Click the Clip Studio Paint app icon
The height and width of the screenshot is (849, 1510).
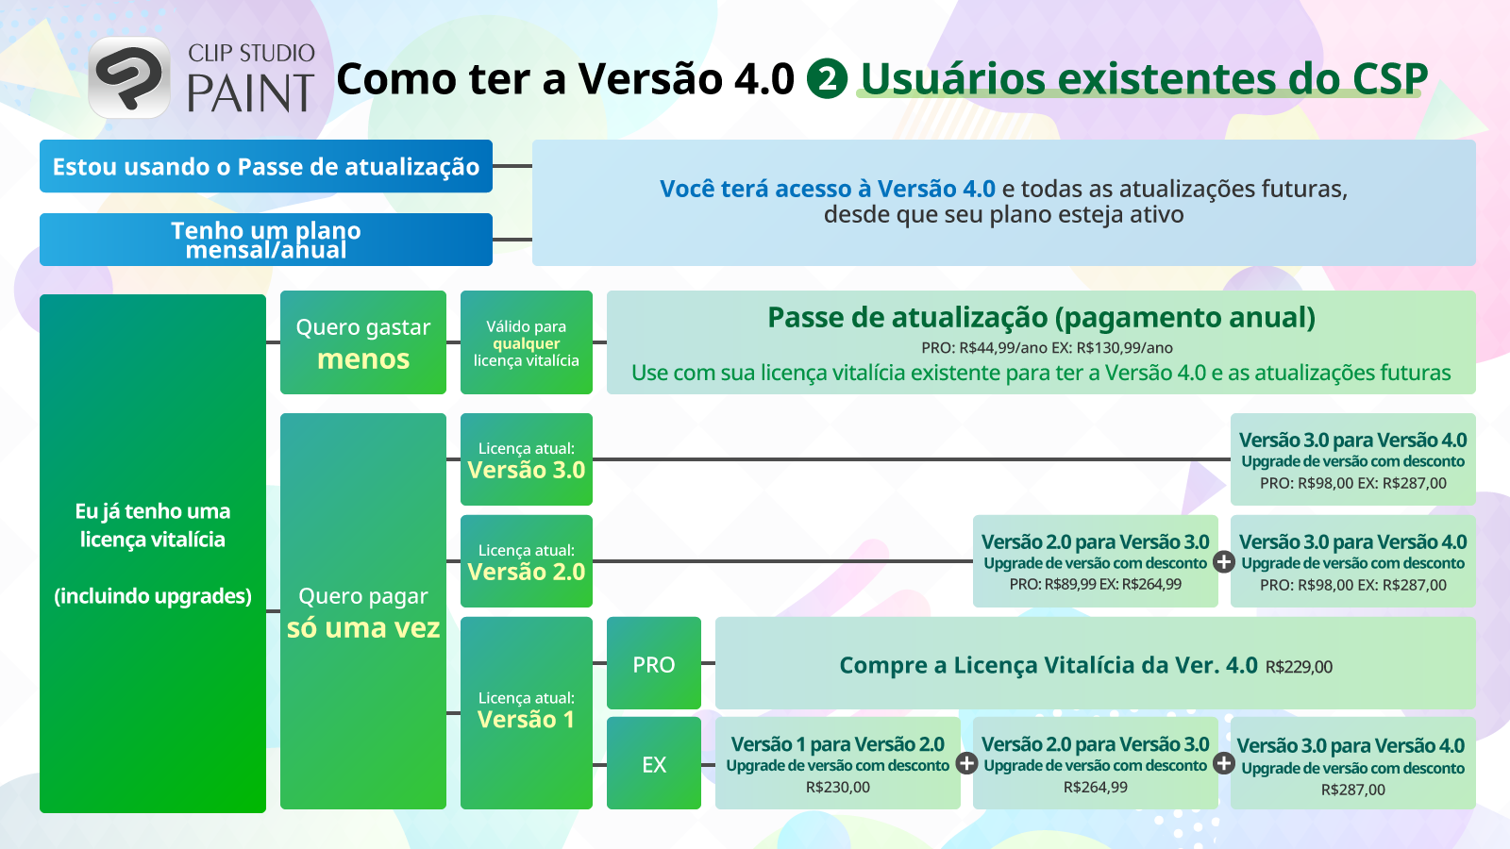[x=128, y=77]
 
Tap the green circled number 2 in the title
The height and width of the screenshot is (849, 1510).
[x=827, y=79]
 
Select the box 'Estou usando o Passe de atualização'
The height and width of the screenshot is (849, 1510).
[x=265, y=166]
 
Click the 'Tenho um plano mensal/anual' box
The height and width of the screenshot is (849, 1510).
[x=265, y=240]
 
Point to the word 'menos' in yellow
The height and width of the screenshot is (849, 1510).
[x=363, y=359]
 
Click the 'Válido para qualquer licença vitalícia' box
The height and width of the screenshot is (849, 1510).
[x=527, y=342]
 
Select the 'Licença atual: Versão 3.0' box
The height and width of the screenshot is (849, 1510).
[x=527, y=459]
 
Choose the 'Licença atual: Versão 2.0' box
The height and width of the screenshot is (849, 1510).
[x=527, y=561]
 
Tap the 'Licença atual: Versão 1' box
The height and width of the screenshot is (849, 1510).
[x=527, y=713]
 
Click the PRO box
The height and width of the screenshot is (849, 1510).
[x=654, y=663]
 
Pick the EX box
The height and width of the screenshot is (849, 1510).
[x=654, y=763]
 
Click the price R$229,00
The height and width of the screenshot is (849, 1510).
[x=1299, y=667]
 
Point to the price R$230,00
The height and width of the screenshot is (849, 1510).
[x=838, y=787]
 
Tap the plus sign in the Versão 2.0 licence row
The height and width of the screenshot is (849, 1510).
[x=1224, y=561]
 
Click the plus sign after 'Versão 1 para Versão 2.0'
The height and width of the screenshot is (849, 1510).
[x=966, y=763]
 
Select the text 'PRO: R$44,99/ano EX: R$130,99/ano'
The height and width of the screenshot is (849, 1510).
[x=1047, y=348]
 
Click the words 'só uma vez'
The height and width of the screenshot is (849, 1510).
[x=363, y=628]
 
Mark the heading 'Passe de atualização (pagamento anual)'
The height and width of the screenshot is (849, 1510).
[x=1042, y=317]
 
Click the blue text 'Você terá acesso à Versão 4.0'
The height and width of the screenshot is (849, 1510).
[x=827, y=189]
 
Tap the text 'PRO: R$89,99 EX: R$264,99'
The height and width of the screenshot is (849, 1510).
[x=1096, y=584]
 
